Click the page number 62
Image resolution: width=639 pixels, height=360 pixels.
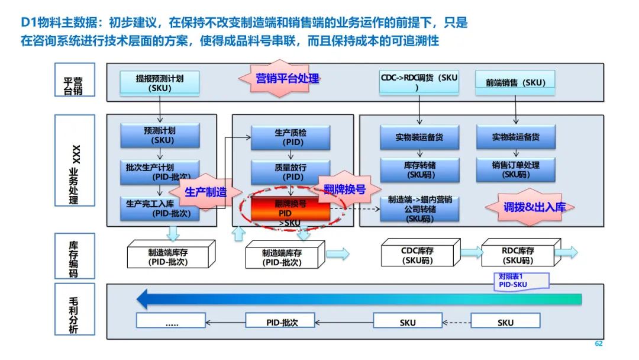coord(598,344)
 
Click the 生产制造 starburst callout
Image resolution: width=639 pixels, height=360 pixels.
coord(206,192)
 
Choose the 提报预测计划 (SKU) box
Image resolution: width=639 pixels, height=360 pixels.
coord(160,83)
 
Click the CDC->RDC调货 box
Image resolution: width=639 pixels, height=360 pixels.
coord(419,82)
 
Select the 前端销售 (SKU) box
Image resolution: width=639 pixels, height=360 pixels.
coord(515,83)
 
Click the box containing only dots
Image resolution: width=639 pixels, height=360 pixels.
coord(172,322)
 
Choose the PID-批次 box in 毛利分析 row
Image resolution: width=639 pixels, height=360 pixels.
coord(280,322)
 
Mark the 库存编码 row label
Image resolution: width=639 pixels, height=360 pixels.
coord(74,256)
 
